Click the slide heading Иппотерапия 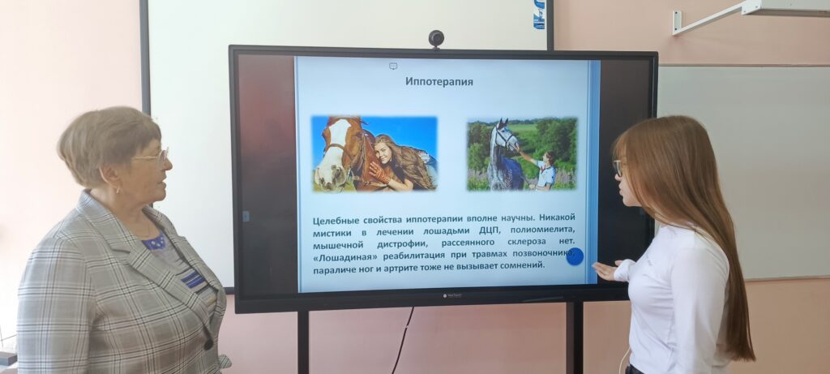439,82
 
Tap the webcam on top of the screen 436,38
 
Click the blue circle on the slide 575,256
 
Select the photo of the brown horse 374,153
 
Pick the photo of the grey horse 522,154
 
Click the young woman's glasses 618,167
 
